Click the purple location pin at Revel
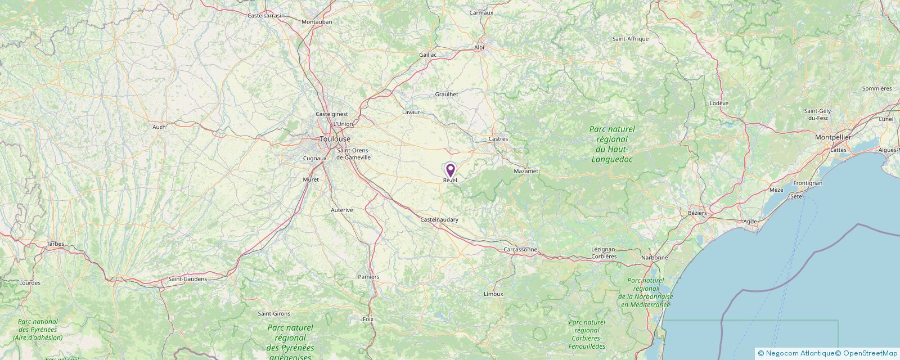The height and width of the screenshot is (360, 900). tap(450, 170)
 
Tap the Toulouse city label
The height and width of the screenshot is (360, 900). tap(335, 139)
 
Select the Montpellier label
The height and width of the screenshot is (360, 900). tap(833, 137)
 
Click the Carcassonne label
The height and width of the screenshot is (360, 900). tap(520, 249)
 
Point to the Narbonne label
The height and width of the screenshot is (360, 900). tap(655, 258)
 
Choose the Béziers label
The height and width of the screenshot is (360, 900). tap(697, 213)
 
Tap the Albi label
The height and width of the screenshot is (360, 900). tap(479, 48)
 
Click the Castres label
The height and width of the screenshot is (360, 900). tap(498, 138)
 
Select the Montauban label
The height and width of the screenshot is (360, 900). tap(317, 22)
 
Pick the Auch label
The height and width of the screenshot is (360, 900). tap(159, 127)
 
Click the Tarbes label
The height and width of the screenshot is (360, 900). tap(56, 244)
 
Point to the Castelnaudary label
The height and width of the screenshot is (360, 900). tap(439, 219)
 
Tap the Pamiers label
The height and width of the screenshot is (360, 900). tap(368, 277)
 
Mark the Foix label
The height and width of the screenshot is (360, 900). tap(368, 319)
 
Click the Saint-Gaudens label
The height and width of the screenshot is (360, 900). tap(188, 279)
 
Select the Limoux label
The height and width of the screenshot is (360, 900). tap(493, 294)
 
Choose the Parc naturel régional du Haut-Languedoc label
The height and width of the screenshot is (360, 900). tap(612, 144)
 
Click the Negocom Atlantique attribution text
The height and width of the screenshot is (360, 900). tap(799, 353)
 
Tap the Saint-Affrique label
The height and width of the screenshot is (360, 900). tap(631, 39)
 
